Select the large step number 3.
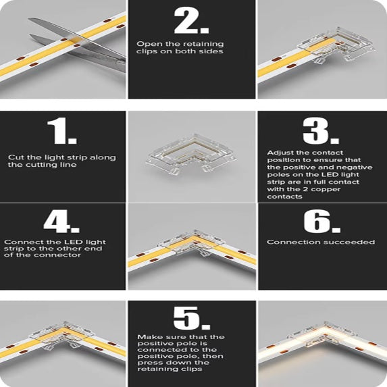pos(320,132)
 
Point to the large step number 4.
pos(62,221)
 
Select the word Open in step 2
pos(148,44)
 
